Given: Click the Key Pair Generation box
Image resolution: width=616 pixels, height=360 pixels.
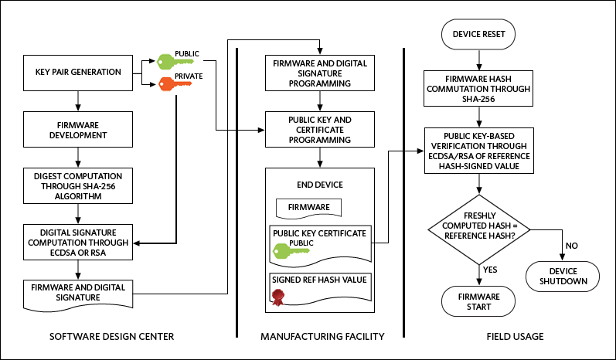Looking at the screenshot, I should click(x=78, y=73).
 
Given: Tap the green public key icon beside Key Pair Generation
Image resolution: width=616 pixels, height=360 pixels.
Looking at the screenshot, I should click(x=172, y=61).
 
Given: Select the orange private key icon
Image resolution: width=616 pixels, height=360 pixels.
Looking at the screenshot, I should click(x=172, y=83).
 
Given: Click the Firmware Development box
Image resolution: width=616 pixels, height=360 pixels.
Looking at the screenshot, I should click(x=78, y=130).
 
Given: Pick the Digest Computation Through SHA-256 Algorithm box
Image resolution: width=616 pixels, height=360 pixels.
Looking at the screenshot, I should click(x=78, y=187).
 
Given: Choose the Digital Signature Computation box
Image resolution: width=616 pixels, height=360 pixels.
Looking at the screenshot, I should click(x=78, y=241).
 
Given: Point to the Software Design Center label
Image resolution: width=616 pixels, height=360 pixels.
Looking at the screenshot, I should click(x=111, y=337).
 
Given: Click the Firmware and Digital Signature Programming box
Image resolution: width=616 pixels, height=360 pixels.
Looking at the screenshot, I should click(x=318, y=73).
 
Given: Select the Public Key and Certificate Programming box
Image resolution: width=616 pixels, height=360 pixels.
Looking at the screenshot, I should click(x=318, y=130).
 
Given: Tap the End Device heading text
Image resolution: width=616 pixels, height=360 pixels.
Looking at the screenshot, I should click(x=319, y=185).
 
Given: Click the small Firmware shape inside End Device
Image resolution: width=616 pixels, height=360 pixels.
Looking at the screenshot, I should click(x=308, y=208).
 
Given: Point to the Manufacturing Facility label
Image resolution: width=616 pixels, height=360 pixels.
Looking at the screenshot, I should click(x=322, y=337).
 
